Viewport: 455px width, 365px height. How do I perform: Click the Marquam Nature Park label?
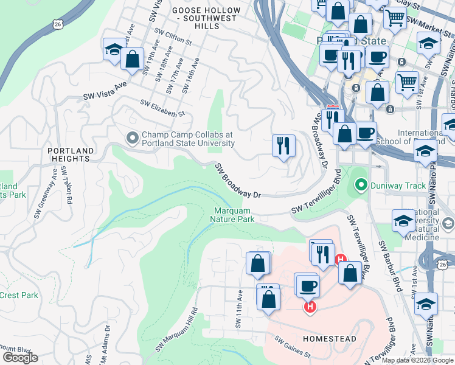233,215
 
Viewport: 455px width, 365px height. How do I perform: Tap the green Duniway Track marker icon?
361,183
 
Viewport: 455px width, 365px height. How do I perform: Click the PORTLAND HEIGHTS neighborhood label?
72,155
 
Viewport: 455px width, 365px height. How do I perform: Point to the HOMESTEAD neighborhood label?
328,338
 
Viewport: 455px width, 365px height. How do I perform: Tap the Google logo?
20,357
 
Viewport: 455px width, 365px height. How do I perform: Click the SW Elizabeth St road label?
162,109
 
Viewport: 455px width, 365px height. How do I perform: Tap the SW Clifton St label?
173,37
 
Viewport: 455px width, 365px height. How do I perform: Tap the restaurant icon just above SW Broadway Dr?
283,145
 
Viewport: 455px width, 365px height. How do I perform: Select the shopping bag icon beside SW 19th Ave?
132,59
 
